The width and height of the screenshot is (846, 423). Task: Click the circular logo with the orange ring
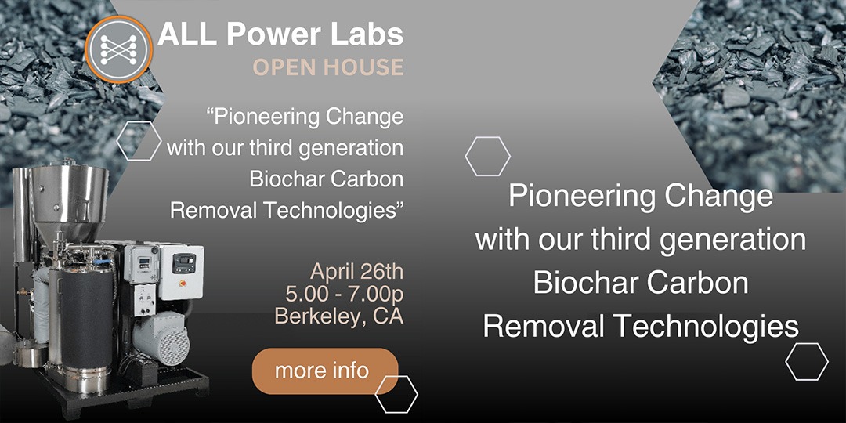[x=119, y=49]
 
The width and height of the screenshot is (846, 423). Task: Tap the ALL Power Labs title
[x=280, y=34]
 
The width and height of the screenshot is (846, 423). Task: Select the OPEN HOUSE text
[x=328, y=67]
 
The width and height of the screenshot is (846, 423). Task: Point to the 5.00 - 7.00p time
[x=345, y=294]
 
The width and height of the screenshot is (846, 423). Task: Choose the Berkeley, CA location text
[x=339, y=316]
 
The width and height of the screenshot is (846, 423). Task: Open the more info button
[x=325, y=371]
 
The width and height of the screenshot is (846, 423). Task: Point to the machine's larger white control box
[x=181, y=271]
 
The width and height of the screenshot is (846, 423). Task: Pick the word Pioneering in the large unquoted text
[x=581, y=197]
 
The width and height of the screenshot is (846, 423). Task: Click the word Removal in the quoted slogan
[x=214, y=211]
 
